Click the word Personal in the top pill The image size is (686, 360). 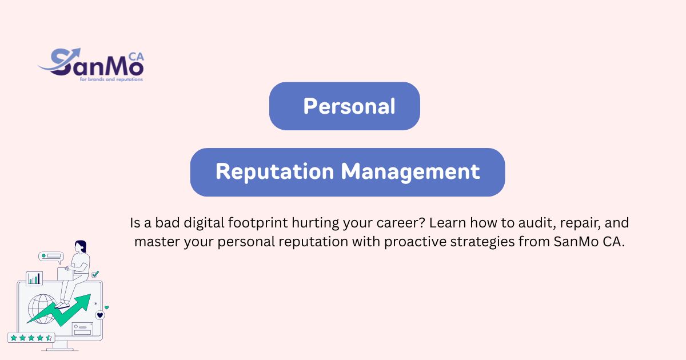(x=349, y=106)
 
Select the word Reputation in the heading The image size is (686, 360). (x=274, y=172)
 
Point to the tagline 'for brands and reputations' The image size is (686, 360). (x=111, y=79)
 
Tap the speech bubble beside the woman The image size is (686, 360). (x=50, y=257)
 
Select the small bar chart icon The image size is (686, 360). (x=34, y=279)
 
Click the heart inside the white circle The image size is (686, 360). (x=100, y=315)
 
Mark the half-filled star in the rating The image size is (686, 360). (x=49, y=338)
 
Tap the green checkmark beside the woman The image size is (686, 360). (x=95, y=274)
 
